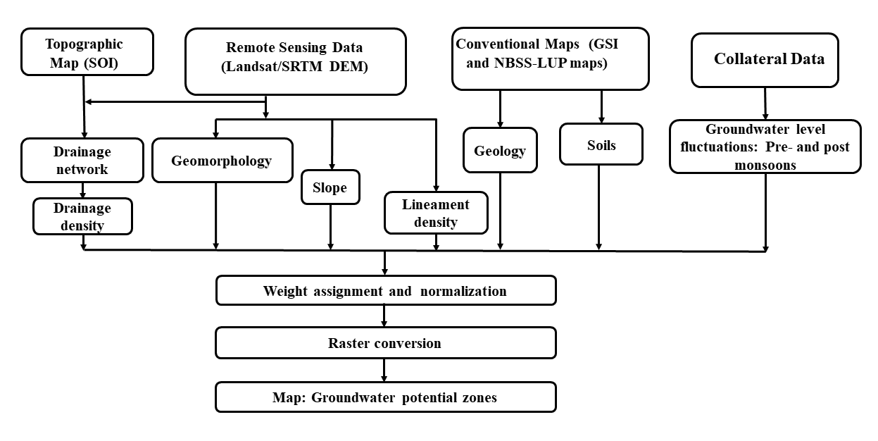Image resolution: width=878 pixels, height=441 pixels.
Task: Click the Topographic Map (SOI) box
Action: [x=87, y=52]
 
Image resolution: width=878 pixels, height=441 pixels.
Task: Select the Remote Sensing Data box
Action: [x=296, y=61]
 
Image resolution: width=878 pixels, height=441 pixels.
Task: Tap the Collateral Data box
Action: [x=765, y=60]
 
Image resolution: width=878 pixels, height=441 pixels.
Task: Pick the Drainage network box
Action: [x=82, y=160]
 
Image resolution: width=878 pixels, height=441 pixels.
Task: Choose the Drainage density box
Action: [x=82, y=216]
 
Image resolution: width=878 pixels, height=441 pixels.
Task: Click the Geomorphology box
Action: [x=222, y=160]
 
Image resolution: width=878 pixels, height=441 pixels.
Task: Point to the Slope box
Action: [x=330, y=187]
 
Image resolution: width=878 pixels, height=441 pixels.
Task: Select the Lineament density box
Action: [x=437, y=213]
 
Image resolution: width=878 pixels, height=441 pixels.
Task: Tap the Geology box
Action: [x=500, y=150]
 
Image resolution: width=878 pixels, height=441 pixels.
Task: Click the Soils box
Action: [x=601, y=144]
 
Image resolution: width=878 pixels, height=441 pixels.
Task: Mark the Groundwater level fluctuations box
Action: [x=765, y=147]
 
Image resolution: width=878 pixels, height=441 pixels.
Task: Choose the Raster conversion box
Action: [x=386, y=342]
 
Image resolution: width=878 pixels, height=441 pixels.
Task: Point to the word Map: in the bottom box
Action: [x=289, y=397]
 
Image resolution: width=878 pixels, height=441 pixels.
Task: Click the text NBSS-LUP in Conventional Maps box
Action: [x=530, y=63]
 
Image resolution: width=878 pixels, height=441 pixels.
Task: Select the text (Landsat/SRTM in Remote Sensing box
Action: [x=272, y=67]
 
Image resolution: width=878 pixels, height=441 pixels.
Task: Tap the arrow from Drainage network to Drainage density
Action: [x=82, y=190]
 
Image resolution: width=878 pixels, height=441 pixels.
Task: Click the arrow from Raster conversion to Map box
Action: [x=384, y=370]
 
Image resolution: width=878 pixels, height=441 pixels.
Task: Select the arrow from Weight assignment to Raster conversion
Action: [x=384, y=316]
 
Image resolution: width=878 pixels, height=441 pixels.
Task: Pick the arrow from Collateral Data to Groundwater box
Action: [x=765, y=104]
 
